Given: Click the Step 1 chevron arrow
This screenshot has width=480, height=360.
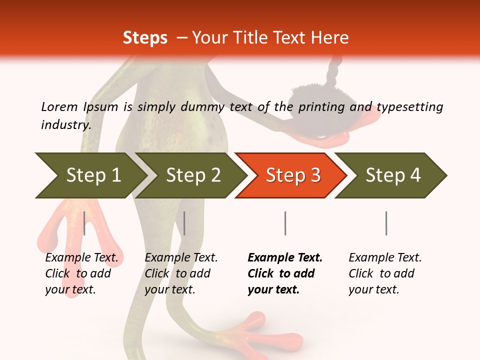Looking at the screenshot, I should pyautogui.click(x=90, y=175).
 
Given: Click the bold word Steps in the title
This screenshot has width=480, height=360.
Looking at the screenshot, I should pyautogui.click(x=145, y=38).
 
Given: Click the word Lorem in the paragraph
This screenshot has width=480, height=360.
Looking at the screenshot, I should pyautogui.click(x=59, y=106).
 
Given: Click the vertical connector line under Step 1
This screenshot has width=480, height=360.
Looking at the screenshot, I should pyautogui.click(x=84, y=223).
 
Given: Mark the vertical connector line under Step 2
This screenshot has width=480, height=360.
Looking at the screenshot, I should pyautogui.click(x=184, y=223).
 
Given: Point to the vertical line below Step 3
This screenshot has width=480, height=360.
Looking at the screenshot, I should pyautogui.click(x=285, y=223).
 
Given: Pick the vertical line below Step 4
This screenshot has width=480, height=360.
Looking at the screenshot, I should pyautogui.click(x=386, y=223).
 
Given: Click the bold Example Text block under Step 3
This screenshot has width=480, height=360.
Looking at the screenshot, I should pyautogui.click(x=285, y=273).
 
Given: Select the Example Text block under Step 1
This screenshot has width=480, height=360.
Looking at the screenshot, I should pyautogui.click(x=81, y=273).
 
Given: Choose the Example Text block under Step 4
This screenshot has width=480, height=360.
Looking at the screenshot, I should pyautogui.click(x=385, y=273).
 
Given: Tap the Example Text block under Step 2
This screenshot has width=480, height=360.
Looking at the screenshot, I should pyautogui.click(x=181, y=273).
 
